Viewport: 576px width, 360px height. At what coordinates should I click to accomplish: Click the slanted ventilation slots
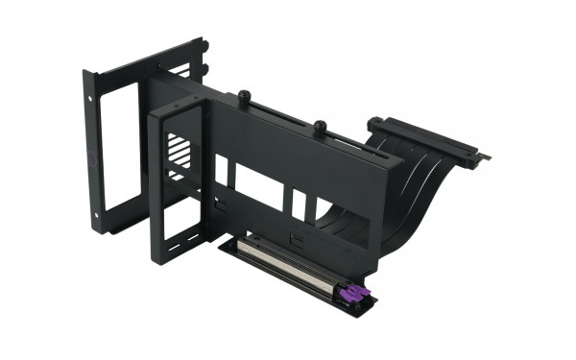(x=179, y=154)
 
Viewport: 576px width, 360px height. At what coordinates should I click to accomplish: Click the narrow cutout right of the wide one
(x=299, y=203)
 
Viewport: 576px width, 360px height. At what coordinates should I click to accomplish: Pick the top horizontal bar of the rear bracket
(x=144, y=60)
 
